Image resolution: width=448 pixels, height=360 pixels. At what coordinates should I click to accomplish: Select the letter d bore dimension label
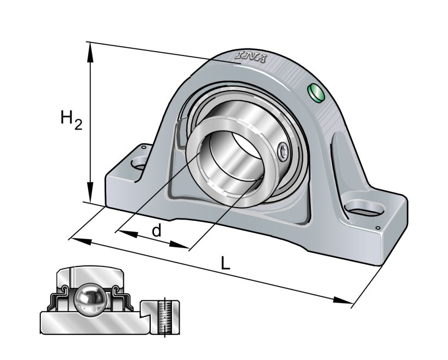point(156,231)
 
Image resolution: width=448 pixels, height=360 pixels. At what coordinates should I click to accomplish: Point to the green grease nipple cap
point(316,93)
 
